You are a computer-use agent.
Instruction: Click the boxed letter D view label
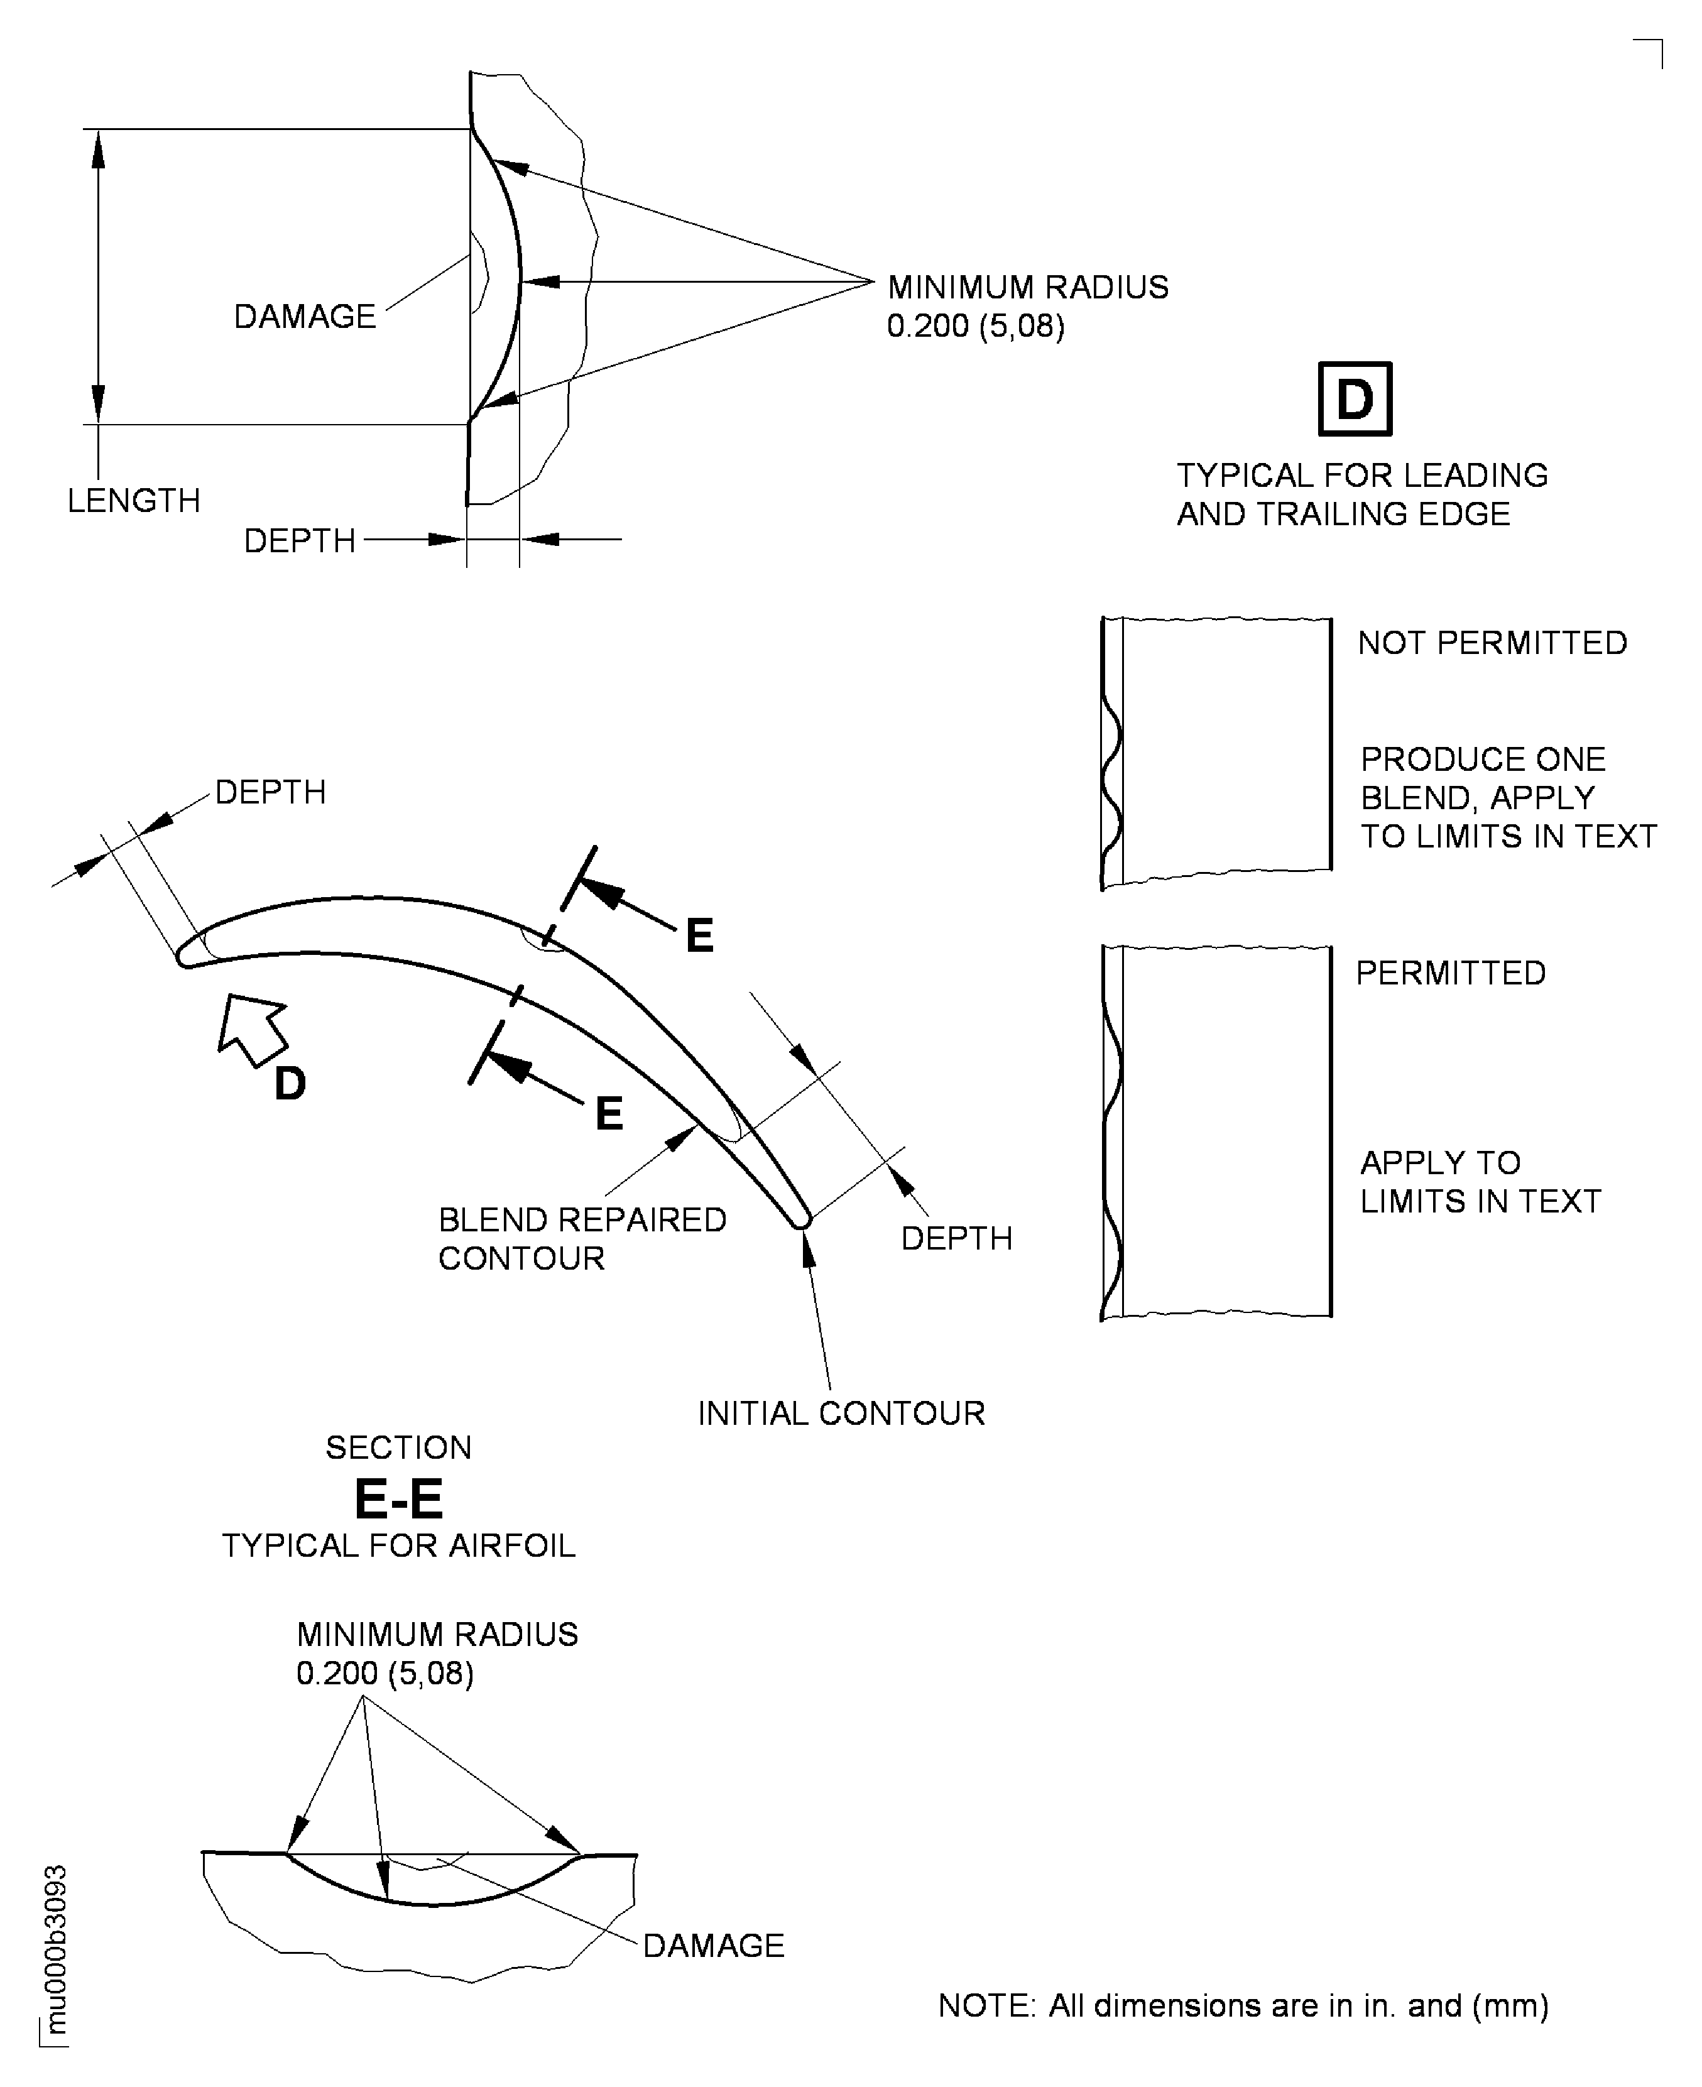[1354, 399]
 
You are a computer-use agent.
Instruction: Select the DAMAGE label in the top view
[304, 317]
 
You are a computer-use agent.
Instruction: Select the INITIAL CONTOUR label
[840, 1414]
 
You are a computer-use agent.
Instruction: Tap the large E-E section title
[398, 1499]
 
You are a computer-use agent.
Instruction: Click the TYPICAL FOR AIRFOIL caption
[398, 1546]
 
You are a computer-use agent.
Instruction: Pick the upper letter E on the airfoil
[699, 935]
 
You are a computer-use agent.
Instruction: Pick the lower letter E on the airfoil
[609, 1114]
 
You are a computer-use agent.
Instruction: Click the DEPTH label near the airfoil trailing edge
[956, 1238]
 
